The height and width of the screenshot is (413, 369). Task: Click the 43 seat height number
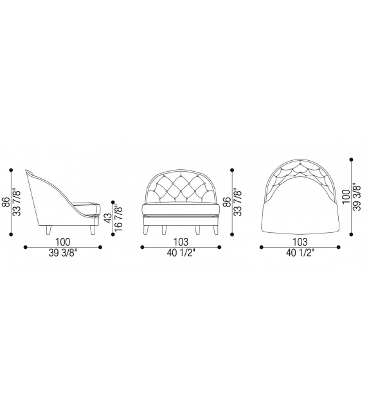(x=109, y=218)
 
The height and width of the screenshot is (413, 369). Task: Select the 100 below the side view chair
(x=62, y=241)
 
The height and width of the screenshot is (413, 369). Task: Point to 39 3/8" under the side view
(x=62, y=253)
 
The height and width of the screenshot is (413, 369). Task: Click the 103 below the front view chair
(x=181, y=241)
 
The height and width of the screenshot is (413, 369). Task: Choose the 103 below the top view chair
(x=300, y=241)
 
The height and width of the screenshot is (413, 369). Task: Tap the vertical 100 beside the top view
(x=346, y=196)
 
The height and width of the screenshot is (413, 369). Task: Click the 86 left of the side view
(x=6, y=202)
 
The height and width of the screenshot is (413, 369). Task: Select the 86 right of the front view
(x=228, y=202)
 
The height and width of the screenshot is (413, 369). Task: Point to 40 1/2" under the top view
(x=300, y=253)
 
